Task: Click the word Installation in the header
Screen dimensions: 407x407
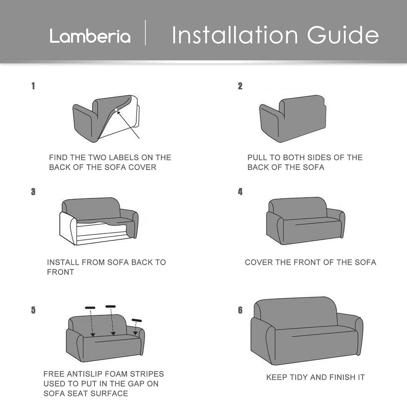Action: (x=234, y=35)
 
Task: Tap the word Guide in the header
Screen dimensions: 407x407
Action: (x=343, y=35)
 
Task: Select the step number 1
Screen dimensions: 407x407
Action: (x=33, y=86)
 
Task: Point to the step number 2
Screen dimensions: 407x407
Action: (x=240, y=86)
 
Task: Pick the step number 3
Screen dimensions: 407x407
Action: (x=33, y=192)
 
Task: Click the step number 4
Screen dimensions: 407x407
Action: (x=240, y=192)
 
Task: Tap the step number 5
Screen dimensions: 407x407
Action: (x=33, y=310)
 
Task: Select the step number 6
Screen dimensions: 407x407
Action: (x=240, y=310)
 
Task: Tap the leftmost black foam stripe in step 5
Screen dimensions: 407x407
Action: (x=90, y=307)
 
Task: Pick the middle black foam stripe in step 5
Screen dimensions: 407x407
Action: (x=111, y=306)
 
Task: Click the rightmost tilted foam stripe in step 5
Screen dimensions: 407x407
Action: (x=137, y=320)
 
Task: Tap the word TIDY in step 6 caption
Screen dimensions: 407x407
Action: (x=297, y=377)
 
